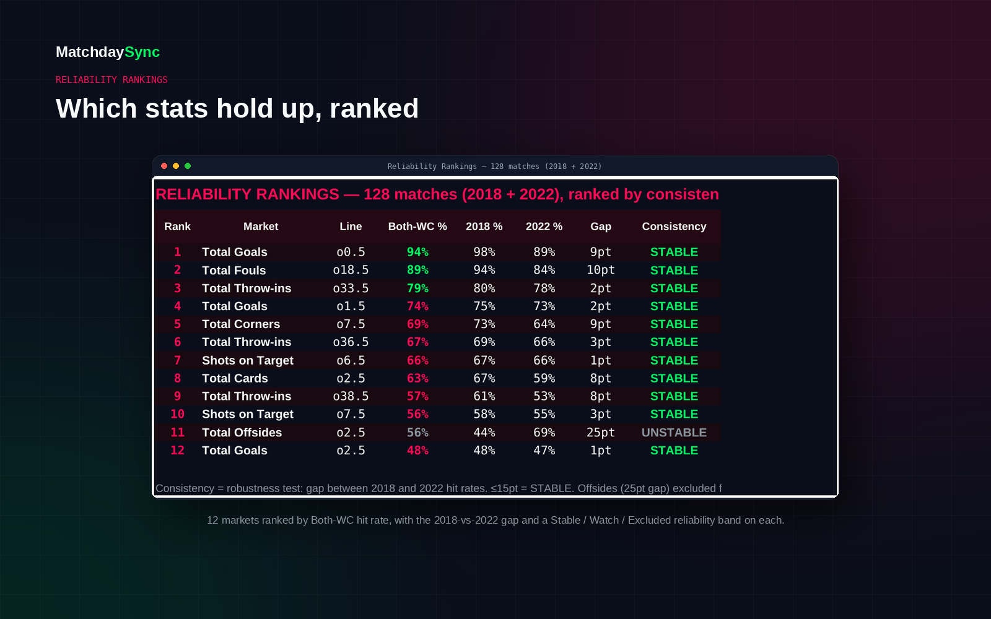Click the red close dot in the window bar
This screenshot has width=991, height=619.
[164, 166]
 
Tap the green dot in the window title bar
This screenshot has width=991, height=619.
[188, 166]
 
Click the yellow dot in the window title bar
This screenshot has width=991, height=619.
[176, 166]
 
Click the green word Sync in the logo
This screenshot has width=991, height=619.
[142, 52]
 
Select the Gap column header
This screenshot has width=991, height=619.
[600, 227]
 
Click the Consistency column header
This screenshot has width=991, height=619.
[674, 227]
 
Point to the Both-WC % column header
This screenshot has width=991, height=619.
[417, 227]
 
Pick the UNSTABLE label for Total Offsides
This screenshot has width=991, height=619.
[674, 433]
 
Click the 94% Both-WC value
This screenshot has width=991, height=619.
[417, 252]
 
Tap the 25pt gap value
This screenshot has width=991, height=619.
[600, 433]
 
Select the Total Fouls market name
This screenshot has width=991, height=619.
[234, 270]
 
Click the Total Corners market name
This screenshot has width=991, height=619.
[241, 324]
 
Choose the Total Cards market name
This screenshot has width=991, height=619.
[235, 378]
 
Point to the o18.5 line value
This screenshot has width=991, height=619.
[351, 270]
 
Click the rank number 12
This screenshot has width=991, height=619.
[177, 451]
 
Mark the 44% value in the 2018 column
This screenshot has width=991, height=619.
[484, 433]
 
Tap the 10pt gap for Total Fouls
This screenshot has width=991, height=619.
[600, 270]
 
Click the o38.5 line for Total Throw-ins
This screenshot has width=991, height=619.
[351, 396]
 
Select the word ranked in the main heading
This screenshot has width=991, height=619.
[374, 109]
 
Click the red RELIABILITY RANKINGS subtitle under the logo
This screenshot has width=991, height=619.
[111, 80]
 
